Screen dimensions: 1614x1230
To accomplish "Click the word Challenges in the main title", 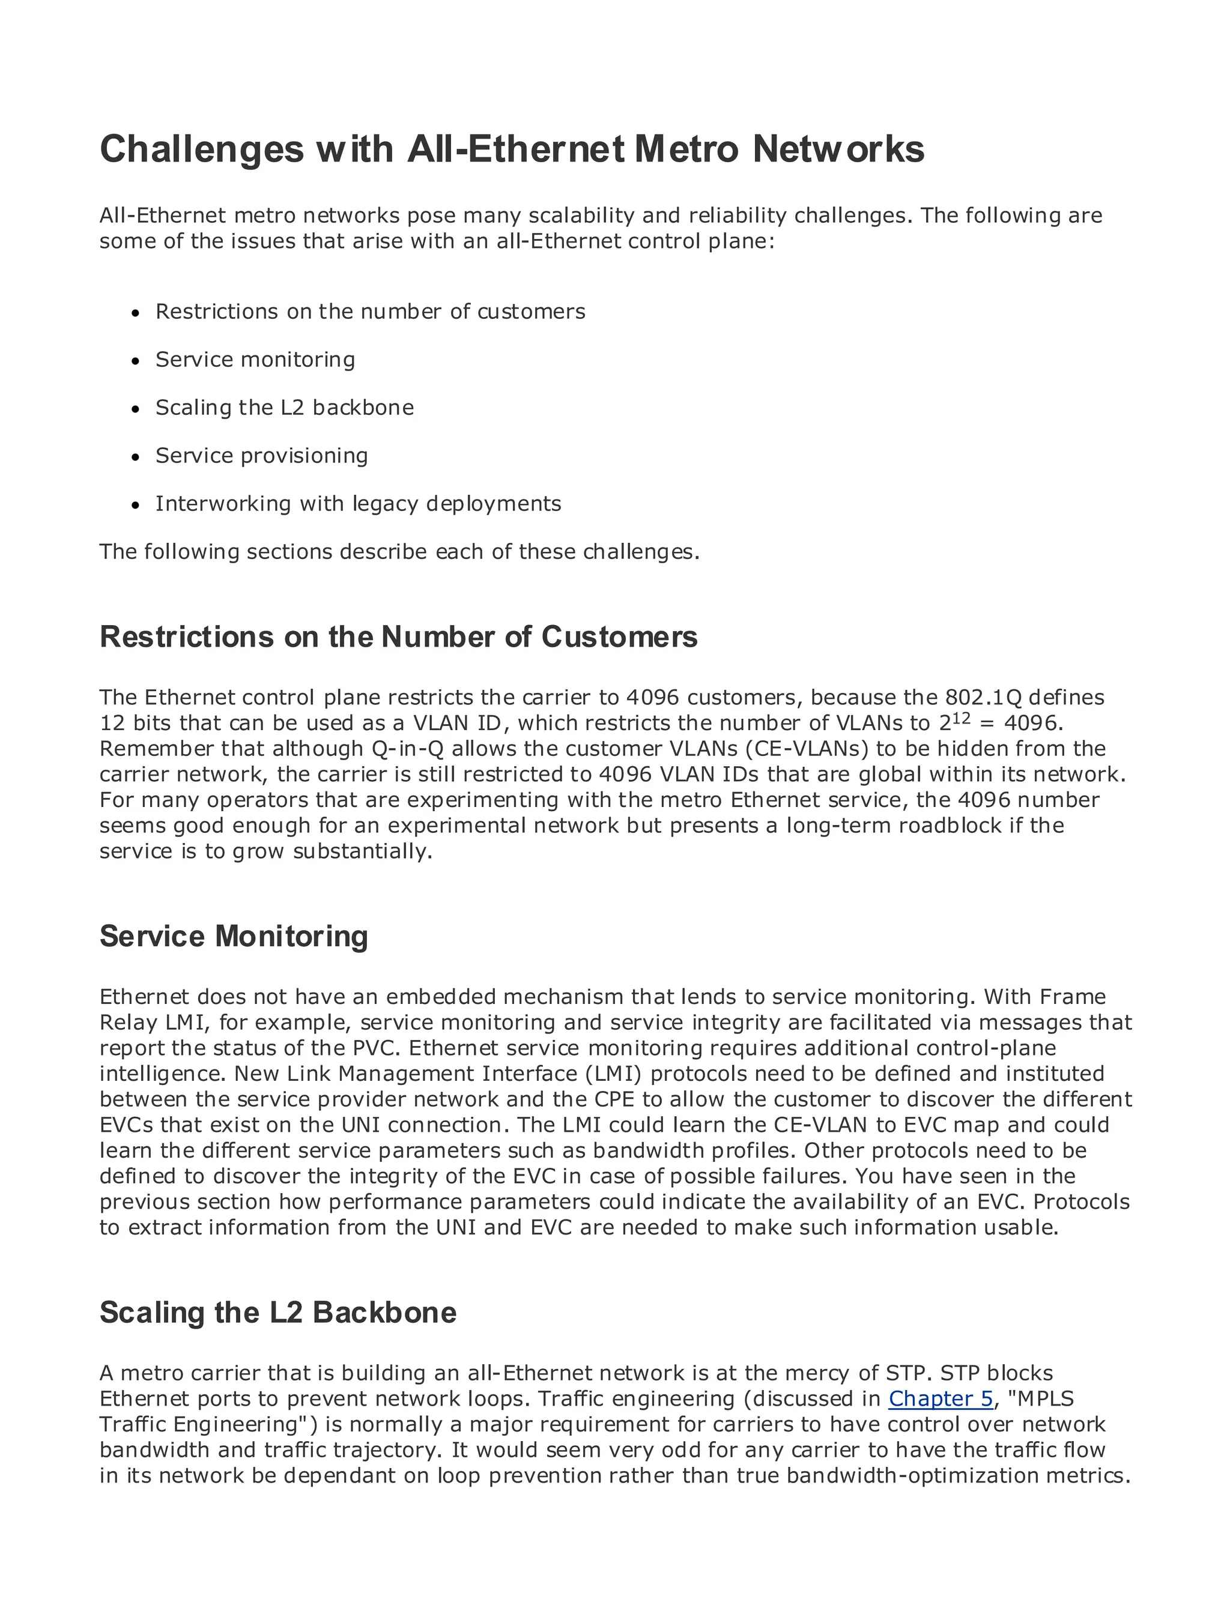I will (201, 150).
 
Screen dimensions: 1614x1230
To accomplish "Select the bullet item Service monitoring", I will (255, 360).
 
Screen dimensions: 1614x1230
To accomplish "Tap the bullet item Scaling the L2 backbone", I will (284, 408).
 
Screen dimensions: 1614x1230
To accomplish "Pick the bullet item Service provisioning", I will (261, 455).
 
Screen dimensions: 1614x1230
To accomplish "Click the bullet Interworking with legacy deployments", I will (358, 504).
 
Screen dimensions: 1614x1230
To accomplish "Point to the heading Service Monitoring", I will (234, 936).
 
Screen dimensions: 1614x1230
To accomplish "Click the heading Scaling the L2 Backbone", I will (277, 1313).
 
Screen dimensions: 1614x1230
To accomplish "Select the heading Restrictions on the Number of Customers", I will (398, 637).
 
